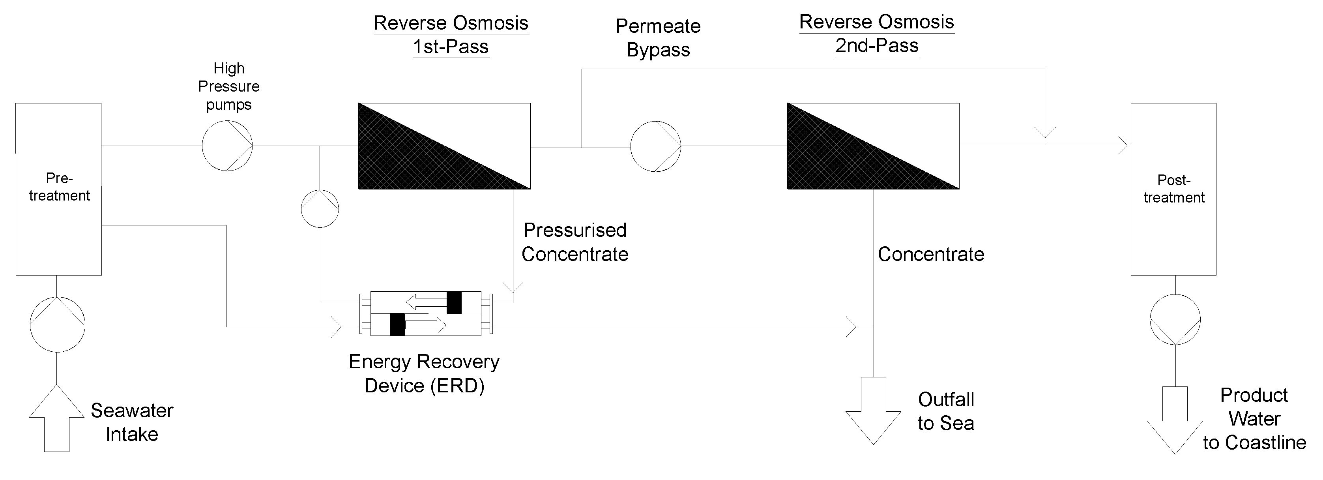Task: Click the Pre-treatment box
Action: pos(58,189)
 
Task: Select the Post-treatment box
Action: pos(1173,189)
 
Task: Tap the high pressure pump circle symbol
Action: pos(227,146)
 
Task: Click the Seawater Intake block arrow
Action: pos(56,419)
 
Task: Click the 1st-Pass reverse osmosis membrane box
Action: pos(444,146)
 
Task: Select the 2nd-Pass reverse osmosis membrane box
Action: pos(873,146)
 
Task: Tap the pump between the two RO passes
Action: pos(656,146)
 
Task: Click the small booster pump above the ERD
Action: pos(320,209)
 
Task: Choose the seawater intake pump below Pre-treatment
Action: pos(57,324)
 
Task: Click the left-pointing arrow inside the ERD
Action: pos(426,302)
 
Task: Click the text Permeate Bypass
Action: pos(658,38)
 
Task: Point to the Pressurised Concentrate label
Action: pos(575,242)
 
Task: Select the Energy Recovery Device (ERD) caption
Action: pos(424,374)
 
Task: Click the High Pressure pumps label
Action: pos(228,86)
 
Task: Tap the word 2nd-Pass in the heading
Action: pos(877,46)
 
